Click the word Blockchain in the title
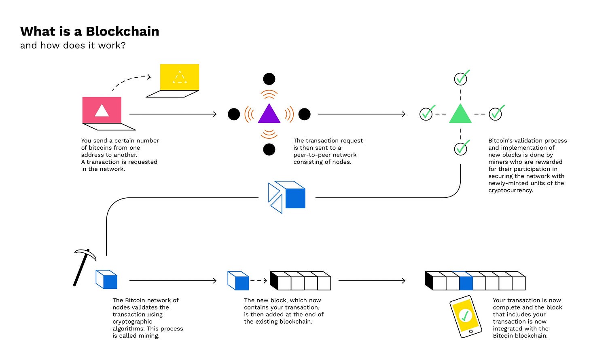122,32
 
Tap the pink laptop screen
102,110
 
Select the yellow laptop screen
180,77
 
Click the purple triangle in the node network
269,114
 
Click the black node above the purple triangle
269,79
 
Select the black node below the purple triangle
269,149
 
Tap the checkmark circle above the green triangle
461,78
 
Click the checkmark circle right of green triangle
495,114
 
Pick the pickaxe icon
83,267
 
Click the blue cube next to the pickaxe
107,280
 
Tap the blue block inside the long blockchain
466,281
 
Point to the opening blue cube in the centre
287,197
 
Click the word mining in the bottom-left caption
148,336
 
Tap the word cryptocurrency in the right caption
511,190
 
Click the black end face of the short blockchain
274,280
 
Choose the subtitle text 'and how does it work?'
73,45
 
